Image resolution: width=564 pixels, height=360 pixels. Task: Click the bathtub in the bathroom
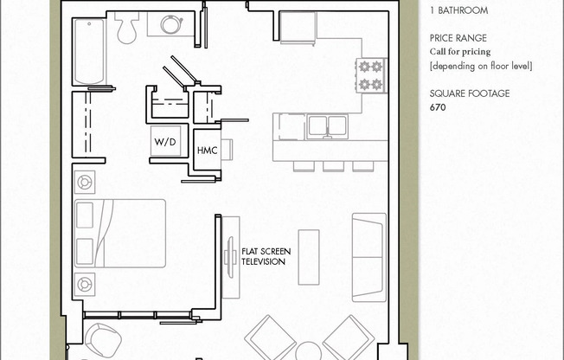[x=89, y=50]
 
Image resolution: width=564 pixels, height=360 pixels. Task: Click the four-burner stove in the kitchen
[x=370, y=75]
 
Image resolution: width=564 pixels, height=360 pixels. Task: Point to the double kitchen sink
[x=326, y=126]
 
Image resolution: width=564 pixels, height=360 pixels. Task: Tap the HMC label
[x=207, y=149]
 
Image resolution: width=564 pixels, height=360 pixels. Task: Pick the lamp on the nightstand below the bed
[x=85, y=283]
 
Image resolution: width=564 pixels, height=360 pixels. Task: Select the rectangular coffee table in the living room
[x=309, y=256]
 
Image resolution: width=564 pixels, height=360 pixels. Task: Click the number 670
[x=439, y=108]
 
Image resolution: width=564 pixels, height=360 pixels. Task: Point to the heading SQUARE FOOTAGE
[x=470, y=93]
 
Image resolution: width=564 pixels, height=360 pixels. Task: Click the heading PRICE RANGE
[x=458, y=38]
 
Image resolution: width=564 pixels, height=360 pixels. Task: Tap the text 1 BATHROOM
[x=458, y=11]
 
